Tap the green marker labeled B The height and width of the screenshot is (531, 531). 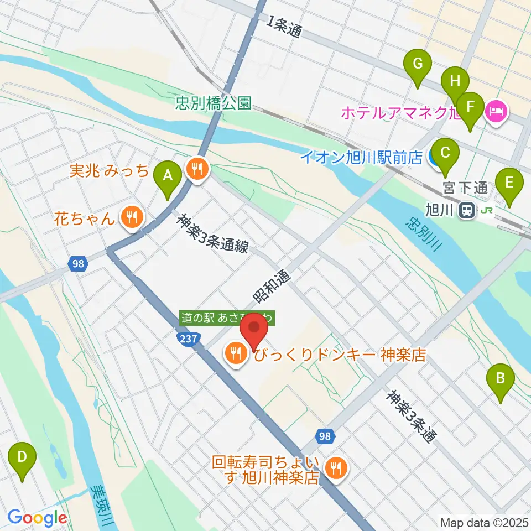pyautogui.click(x=501, y=380)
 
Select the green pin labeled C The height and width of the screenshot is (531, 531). pyautogui.click(x=446, y=152)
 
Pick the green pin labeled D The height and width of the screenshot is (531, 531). pyautogui.click(x=22, y=457)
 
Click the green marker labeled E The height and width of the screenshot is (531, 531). pyautogui.click(x=509, y=183)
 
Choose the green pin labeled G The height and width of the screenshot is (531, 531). pyautogui.click(x=419, y=65)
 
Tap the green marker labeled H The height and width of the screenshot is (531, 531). pyautogui.click(x=455, y=82)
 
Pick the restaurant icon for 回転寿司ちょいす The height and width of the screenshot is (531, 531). pyautogui.click(x=335, y=469)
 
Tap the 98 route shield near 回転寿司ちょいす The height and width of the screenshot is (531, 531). pyautogui.click(x=326, y=436)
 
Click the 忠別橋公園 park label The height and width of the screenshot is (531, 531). pyautogui.click(x=214, y=102)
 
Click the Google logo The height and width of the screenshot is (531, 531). pyautogui.click(x=37, y=518)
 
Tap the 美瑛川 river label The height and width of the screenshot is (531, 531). pyautogui.click(x=103, y=506)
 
